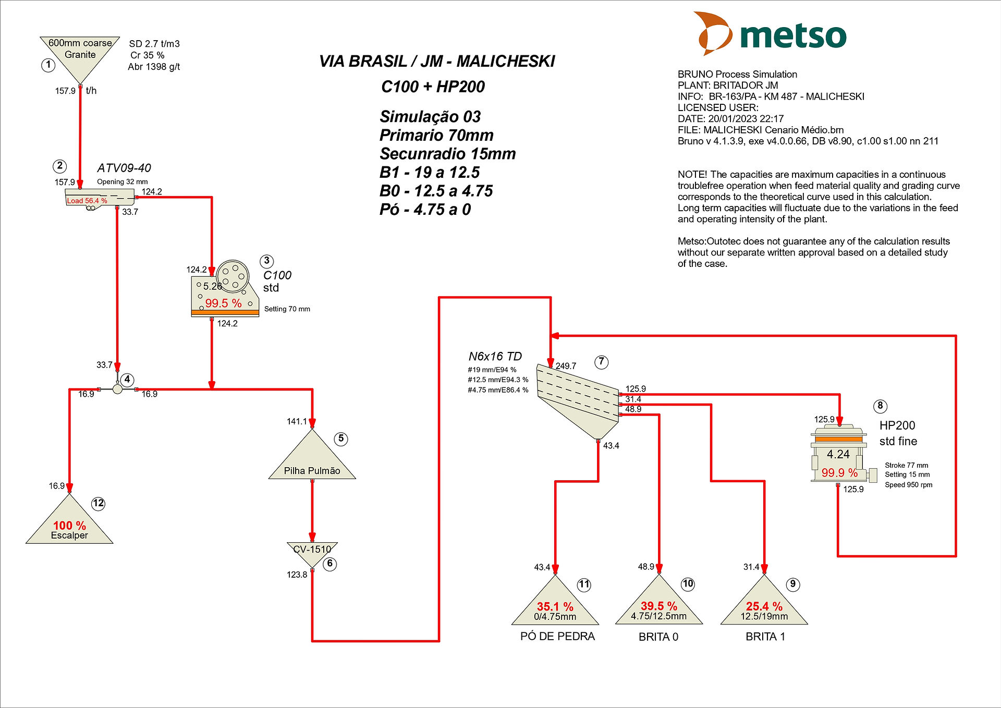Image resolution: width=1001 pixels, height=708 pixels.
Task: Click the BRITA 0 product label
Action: (658, 637)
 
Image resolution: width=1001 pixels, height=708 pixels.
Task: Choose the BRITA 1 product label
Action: (765, 637)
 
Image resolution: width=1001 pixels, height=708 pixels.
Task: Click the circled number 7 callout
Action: (602, 362)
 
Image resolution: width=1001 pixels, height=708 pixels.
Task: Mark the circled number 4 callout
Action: (127, 380)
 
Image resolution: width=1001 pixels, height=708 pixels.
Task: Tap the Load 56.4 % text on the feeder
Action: (87, 201)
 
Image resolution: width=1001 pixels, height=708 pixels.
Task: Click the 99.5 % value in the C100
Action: (223, 303)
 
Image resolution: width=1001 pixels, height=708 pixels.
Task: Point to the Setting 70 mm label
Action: (287, 309)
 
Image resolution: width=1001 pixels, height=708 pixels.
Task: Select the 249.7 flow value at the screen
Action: (566, 366)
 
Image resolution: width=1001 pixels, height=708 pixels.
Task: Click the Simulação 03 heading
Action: (430, 116)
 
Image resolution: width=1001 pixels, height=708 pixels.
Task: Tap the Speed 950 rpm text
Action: (908, 484)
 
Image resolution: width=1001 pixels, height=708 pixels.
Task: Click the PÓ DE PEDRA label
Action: (557, 636)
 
